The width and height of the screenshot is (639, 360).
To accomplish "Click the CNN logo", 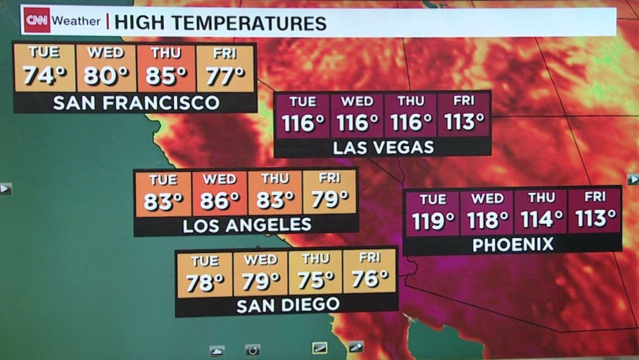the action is click(x=37, y=20).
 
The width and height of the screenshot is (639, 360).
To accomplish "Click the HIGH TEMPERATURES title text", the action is click(x=220, y=22).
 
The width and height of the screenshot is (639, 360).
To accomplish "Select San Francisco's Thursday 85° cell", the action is click(x=166, y=68).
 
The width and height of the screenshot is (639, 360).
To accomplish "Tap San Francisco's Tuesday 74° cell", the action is click(x=44, y=68).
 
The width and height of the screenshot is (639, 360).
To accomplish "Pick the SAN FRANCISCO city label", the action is click(x=136, y=103).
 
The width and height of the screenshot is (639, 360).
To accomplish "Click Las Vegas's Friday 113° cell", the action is click(x=464, y=114).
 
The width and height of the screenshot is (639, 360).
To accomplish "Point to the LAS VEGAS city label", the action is click(x=383, y=147).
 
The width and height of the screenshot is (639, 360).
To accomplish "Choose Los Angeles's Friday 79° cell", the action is click(x=329, y=192).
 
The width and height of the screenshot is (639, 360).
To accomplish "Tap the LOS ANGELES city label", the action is click(x=247, y=226).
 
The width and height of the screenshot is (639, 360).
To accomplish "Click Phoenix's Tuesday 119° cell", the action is click(x=432, y=212).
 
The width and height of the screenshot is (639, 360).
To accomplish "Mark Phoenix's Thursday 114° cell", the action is click(x=541, y=212).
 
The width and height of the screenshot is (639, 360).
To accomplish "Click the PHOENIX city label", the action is click(x=513, y=245).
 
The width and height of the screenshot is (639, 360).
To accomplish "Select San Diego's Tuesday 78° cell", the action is click(x=205, y=275).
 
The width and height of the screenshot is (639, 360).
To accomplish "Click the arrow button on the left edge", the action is click(x=5, y=189).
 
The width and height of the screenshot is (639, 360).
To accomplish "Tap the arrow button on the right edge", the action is click(x=633, y=179).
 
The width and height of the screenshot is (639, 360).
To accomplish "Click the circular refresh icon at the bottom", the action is click(x=253, y=350).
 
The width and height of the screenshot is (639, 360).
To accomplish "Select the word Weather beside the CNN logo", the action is click(x=76, y=21).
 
